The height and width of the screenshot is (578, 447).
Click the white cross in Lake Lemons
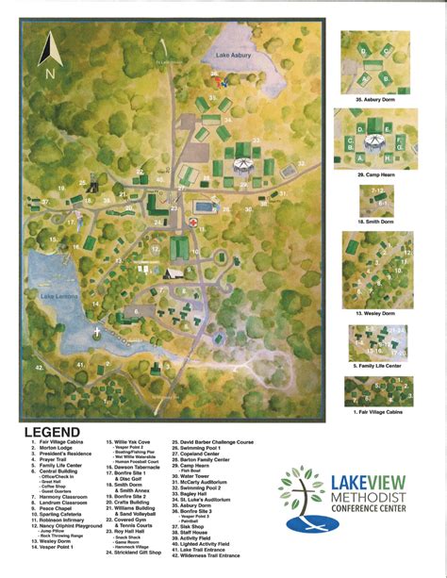click(98, 332)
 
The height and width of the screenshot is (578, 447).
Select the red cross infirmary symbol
click(193, 219)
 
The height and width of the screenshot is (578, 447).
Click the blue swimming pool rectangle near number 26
click(204, 206)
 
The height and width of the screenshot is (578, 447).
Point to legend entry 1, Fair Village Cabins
click(63, 441)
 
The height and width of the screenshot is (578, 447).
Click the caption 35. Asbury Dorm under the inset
click(374, 98)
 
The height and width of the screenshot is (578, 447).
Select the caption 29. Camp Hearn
click(374, 174)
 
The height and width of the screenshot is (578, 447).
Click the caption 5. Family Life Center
click(376, 365)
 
